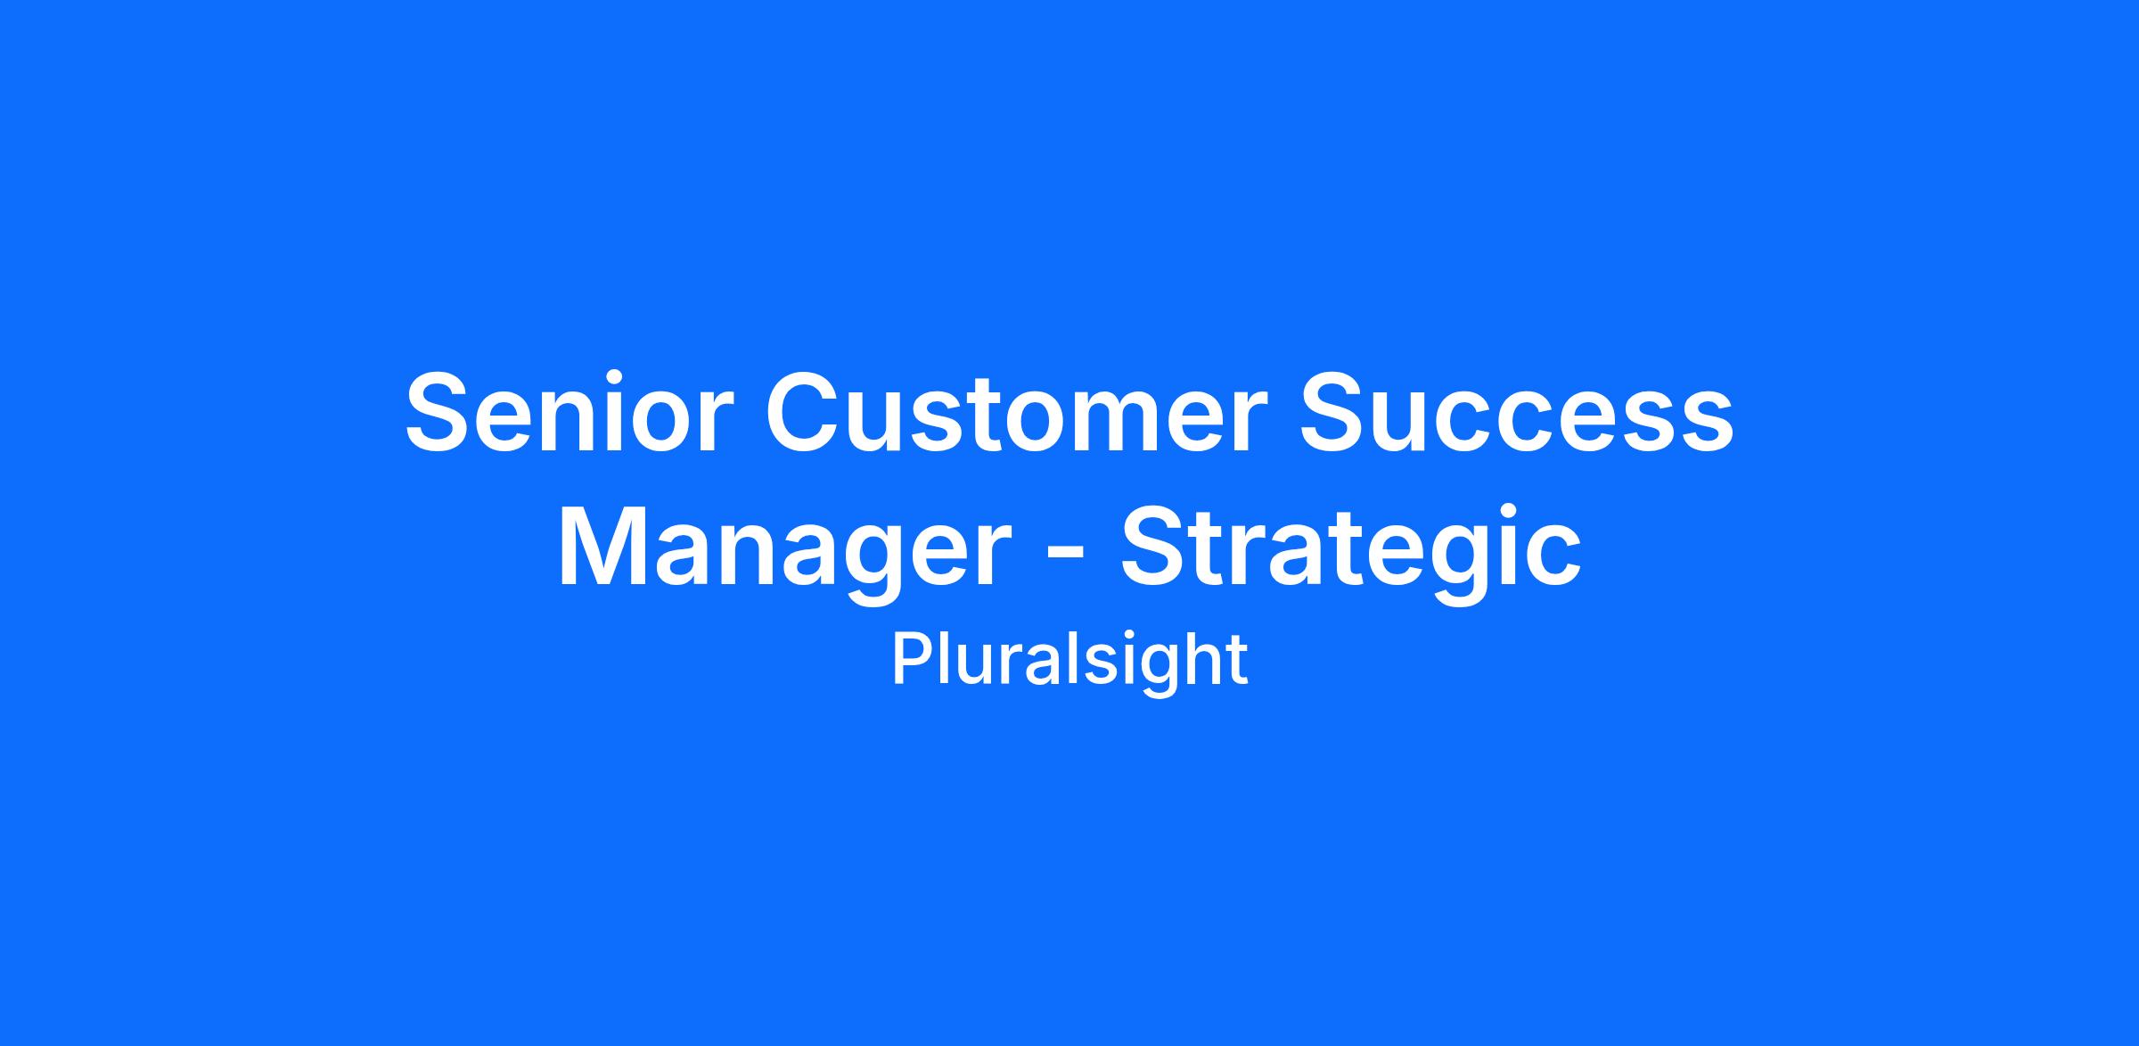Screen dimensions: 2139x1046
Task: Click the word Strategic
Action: pyautogui.click(x=1351, y=546)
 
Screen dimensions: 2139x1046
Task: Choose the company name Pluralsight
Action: pyautogui.click(x=1069, y=662)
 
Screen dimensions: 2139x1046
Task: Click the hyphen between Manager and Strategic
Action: pyautogui.click(x=1065, y=554)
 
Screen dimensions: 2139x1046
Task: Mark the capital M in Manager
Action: pyautogui.click(x=602, y=546)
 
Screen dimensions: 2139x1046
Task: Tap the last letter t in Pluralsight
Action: pyautogui.click(x=1238, y=662)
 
